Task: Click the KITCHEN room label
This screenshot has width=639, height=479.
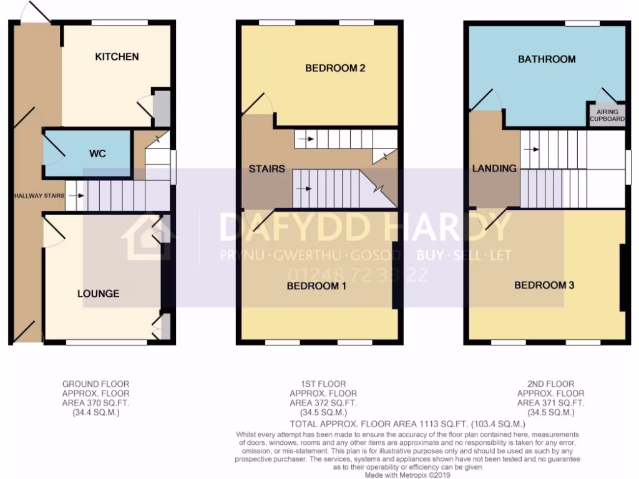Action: tap(117, 57)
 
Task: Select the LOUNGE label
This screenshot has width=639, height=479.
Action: tap(98, 293)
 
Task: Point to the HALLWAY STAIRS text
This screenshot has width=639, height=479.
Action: tap(40, 196)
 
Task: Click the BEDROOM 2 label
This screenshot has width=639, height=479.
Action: tap(334, 68)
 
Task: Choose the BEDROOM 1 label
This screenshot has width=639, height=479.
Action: tap(316, 286)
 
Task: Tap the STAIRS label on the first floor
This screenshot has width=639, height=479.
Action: tap(266, 168)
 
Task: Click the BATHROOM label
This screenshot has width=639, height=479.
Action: tap(546, 59)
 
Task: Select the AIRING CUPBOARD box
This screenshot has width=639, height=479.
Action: tap(607, 115)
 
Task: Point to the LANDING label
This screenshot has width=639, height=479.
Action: tap(494, 168)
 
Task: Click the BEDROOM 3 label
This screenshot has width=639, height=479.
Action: tap(544, 286)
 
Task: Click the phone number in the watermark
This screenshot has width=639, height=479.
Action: tap(358, 274)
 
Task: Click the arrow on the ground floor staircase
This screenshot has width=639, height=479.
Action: tap(76, 196)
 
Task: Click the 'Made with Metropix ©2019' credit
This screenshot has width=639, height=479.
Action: tap(407, 475)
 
